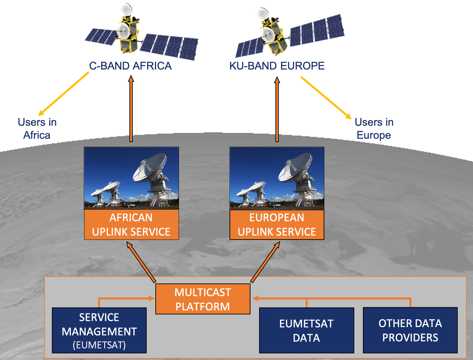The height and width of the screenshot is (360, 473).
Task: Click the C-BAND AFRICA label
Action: pos(130,66)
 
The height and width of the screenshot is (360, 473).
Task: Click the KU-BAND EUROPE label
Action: pos(277,66)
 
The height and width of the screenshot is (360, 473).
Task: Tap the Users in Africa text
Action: pos(37,128)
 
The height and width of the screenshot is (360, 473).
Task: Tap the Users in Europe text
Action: pos(374,128)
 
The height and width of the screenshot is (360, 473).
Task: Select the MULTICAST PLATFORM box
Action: pos(203,299)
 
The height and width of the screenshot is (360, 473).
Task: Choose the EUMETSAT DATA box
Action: pos(306,330)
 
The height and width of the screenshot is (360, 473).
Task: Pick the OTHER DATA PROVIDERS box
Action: pos(410,330)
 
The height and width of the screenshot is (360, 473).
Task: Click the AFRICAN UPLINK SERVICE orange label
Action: pos(131,225)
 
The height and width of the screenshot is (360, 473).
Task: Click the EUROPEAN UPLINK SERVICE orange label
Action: pos(277,225)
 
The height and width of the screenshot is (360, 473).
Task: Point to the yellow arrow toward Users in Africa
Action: pos(63,94)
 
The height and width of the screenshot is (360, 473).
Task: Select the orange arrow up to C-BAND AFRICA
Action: pos(131,110)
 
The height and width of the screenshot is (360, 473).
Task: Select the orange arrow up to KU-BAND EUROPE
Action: pos(277,110)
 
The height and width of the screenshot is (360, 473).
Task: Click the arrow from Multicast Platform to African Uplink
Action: pos(141,262)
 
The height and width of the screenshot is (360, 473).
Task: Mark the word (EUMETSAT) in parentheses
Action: pos(99,345)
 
